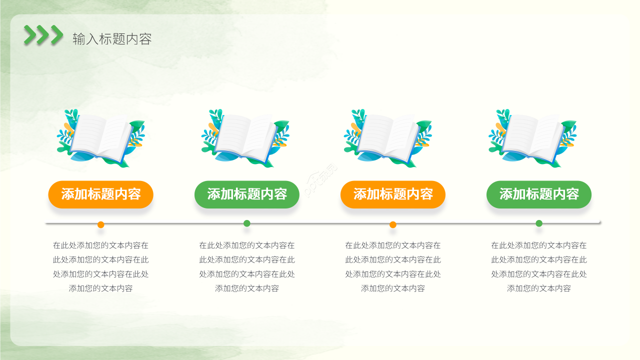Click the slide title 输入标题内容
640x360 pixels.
[112, 39]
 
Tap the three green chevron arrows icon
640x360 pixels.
[43, 35]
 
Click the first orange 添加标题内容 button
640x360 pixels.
[100, 194]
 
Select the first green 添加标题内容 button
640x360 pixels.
[246, 194]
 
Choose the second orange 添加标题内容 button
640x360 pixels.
[392, 194]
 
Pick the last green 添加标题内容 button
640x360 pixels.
[538, 194]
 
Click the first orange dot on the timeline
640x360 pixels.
[101, 224]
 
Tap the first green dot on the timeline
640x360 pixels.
[247, 223]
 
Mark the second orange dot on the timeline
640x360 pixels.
[393, 224]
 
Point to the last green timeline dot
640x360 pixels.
[539, 223]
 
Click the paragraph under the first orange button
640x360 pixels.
[100, 267]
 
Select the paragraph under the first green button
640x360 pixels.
[246, 267]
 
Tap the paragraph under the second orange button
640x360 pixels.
[392, 267]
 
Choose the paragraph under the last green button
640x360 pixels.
[538, 267]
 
